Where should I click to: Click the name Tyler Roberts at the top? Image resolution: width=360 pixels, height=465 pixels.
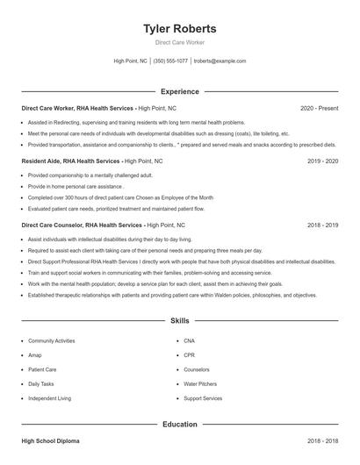(180, 29)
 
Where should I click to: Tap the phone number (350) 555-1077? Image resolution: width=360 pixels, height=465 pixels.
(170, 61)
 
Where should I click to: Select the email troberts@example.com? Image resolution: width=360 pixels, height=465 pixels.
(220, 61)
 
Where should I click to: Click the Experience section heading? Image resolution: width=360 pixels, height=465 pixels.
(180, 91)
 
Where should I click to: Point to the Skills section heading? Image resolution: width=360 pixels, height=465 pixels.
(180, 321)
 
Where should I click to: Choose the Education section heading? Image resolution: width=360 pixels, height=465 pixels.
(180, 425)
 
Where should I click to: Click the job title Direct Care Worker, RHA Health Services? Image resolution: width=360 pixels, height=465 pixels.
(78, 108)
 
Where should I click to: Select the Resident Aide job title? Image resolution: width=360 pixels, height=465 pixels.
(69, 161)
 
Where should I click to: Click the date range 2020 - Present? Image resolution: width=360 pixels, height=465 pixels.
(319, 108)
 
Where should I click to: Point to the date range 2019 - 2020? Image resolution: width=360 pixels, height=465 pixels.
(323, 161)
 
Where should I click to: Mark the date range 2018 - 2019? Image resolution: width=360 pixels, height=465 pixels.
(323, 225)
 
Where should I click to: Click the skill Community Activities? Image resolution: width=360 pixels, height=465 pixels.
(51, 340)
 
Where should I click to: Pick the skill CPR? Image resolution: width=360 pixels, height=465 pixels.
(190, 355)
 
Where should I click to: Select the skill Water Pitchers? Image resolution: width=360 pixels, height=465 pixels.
(201, 384)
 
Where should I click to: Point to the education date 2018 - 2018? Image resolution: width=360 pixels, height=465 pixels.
(323, 441)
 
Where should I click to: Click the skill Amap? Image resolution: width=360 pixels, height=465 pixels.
(35, 355)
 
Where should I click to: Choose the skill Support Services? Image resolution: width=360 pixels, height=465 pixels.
(203, 398)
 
